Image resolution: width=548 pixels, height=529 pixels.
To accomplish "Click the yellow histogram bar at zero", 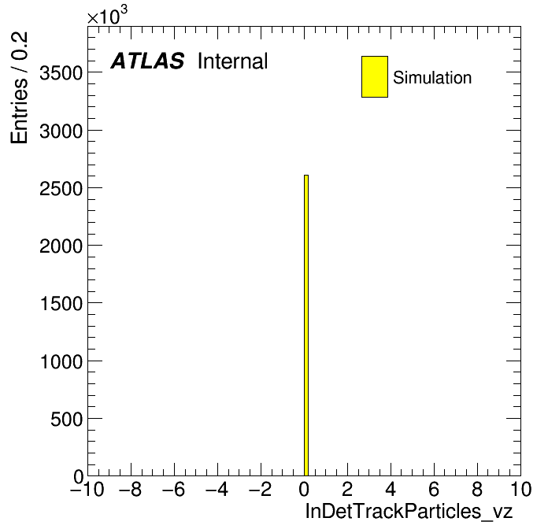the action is [306, 325].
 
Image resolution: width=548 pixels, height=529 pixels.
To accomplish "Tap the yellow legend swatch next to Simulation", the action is [375, 76].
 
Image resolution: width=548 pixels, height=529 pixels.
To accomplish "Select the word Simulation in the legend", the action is [432, 78].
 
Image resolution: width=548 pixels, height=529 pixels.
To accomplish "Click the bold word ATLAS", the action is [147, 61].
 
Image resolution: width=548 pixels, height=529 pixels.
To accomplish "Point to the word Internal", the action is [233, 61].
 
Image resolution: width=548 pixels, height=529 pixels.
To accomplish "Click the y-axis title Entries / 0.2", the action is [19, 87].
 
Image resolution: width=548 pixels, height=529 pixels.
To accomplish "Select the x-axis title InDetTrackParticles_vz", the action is [409, 512].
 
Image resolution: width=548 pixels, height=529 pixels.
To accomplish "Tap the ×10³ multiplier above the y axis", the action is [107, 15].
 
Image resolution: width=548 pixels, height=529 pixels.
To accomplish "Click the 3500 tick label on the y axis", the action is [61, 73].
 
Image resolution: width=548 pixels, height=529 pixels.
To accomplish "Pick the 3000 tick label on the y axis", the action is [61, 131].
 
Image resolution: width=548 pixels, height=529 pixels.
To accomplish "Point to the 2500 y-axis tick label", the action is [61, 189].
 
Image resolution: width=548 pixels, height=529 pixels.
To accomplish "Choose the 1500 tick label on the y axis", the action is [61, 304].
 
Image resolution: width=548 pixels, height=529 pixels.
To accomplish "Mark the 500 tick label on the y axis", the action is [66, 419].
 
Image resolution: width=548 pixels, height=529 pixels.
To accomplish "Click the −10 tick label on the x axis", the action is [87, 489].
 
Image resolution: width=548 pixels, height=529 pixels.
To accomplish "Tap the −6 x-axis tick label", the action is [174, 489].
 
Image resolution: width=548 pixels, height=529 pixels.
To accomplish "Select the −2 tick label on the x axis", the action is [261, 489].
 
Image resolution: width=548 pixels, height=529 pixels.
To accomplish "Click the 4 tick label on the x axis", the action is [391, 489].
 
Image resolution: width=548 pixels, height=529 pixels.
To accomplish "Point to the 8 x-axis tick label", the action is [477, 489].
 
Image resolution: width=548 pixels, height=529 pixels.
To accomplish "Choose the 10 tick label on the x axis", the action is [521, 489].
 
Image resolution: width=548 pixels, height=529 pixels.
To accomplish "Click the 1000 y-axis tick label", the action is [61, 361].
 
